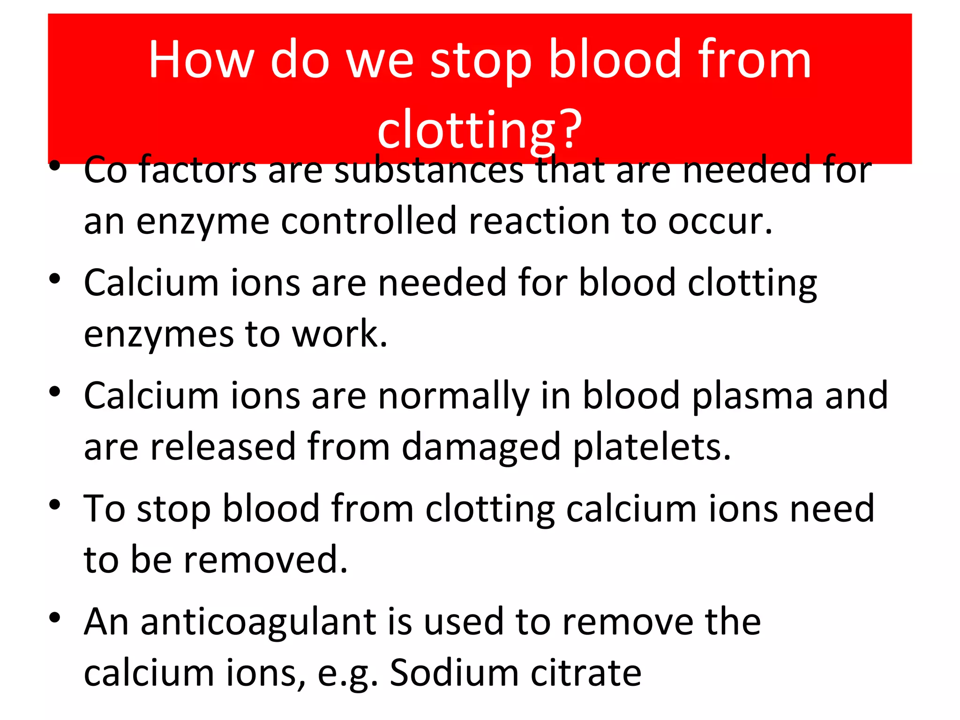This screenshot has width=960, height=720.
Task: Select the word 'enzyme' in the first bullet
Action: [x=203, y=222]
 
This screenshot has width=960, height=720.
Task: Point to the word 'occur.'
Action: [x=720, y=222]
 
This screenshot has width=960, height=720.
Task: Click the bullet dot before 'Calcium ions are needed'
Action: [x=55, y=279]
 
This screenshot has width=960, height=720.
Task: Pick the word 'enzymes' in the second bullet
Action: [x=158, y=335]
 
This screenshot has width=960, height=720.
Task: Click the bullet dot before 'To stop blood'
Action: [x=55, y=505]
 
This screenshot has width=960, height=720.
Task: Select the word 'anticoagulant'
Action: [x=258, y=622]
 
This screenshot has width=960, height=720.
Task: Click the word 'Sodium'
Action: [x=454, y=673]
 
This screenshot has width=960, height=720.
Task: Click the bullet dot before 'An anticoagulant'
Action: [x=55, y=618]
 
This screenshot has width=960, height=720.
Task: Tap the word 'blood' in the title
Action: [x=615, y=60]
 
